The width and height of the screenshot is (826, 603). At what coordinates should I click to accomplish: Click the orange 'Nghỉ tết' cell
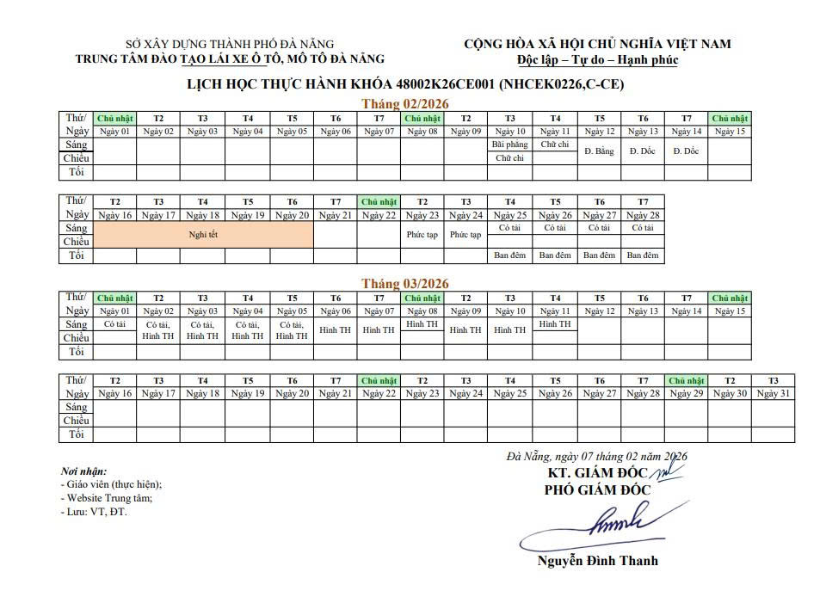tap(203, 234)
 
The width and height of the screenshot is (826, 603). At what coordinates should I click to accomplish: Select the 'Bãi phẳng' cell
tap(509, 145)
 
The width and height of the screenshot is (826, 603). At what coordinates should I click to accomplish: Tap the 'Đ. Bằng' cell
tap(599, 151)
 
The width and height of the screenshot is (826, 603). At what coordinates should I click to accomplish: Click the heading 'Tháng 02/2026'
tap(405, 102)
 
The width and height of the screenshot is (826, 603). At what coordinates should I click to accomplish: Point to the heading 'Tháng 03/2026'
tap(405, 283)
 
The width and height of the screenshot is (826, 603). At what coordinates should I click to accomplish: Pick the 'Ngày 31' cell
tap(773, 394)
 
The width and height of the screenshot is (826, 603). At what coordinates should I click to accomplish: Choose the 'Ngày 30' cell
tap(729, 394)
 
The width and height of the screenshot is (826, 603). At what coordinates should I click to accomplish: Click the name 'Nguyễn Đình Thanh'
tap(597, 561)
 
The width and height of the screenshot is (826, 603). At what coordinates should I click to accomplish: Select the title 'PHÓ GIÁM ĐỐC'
tap(597, 490)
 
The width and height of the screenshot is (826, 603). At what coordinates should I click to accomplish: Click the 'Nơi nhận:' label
tap(83, 471)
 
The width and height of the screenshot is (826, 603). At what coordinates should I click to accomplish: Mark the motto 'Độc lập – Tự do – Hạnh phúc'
tap(597, 60)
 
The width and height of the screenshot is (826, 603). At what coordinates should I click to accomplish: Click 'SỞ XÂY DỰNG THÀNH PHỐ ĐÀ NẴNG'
tap(230, 45)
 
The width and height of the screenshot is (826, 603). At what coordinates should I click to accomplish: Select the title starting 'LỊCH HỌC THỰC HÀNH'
tap(405, 84)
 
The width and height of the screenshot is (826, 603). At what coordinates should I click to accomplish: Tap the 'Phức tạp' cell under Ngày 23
tap(422, 235)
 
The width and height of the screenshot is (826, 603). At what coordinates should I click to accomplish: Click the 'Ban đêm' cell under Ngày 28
tap(642, 255)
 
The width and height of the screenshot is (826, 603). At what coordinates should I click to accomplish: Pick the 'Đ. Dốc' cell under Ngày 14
tap(686, 151)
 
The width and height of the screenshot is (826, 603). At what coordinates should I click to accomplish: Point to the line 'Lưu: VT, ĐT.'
tap(95, 512)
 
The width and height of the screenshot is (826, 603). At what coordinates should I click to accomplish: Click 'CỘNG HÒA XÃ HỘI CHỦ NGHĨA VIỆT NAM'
tap(597, 44)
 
